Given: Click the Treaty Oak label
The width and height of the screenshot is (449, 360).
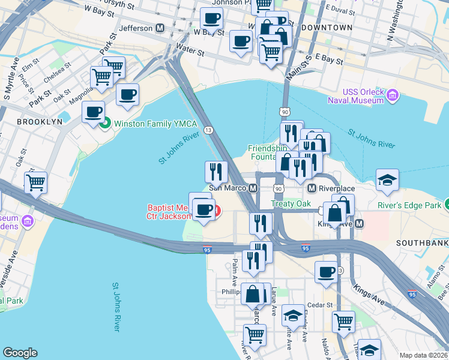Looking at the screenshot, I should pos(291,203).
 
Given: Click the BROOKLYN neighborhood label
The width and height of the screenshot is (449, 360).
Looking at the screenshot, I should pos(40,121).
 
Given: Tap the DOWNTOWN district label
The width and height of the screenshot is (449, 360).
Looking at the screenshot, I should pos(327,28).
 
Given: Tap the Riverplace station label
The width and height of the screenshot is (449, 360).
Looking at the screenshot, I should pos(335,188).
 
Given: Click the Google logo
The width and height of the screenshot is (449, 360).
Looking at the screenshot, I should pos(20,353).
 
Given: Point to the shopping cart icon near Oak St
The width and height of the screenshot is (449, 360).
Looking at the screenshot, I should pos(35,182).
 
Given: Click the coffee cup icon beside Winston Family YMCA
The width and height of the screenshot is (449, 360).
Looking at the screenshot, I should pos(93,112).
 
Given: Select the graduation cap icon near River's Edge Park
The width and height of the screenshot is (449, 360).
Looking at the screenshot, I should pos(387,179).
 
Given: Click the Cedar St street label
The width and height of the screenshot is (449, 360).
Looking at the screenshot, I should pos(321,305).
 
